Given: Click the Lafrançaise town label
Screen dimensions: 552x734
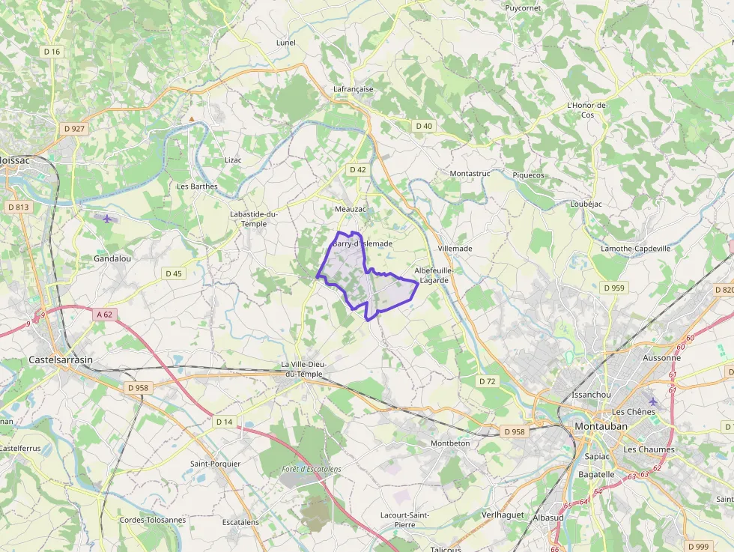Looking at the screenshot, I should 353,89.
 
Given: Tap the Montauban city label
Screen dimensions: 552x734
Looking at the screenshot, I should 601,426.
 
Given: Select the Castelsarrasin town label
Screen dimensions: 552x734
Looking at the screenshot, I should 61,360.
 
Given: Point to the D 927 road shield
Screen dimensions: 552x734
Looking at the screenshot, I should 75,129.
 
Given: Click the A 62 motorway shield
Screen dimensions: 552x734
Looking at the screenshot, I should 104,315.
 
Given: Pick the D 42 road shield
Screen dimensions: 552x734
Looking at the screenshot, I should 357,170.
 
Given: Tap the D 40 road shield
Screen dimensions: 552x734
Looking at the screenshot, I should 424,126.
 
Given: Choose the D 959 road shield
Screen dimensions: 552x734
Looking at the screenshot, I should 613,288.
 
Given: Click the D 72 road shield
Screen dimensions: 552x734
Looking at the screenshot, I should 488,381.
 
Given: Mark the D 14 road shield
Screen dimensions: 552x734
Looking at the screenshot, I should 224,422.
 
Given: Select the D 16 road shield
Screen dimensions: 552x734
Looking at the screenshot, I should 52,52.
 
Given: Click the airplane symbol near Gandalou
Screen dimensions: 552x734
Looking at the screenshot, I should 108,219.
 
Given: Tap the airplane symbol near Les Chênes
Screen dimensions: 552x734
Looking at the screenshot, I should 652,401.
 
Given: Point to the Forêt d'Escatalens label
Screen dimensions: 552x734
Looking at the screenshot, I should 312,469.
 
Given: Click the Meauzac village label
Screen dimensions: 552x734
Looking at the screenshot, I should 351,209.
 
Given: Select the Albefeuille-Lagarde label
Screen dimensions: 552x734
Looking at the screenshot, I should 434,275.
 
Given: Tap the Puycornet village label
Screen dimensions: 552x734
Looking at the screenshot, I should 523,8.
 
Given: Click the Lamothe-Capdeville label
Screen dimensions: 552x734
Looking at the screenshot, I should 636,249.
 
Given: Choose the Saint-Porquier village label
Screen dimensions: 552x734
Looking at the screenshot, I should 215,464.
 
